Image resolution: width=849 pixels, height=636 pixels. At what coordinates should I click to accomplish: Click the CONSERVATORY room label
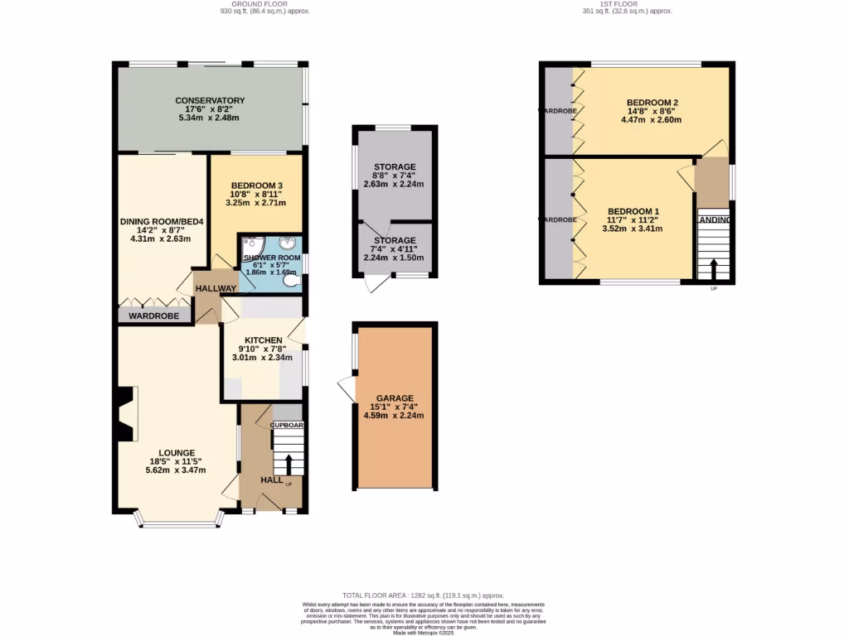point(209,100)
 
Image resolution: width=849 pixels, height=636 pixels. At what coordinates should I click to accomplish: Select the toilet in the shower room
point(290,281)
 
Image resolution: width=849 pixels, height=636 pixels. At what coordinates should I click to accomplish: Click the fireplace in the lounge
point(127,414)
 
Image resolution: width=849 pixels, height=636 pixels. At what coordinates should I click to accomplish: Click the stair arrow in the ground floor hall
point(288,464)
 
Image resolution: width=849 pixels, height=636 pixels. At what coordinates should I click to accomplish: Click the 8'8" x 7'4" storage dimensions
point(394,176)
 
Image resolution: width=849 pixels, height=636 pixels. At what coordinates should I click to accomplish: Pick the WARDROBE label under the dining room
point(153,316)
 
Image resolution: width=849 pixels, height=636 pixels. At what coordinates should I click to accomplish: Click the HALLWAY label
point(216,287)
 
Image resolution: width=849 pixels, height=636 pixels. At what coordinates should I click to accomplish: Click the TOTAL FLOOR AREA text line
point(424,595)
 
